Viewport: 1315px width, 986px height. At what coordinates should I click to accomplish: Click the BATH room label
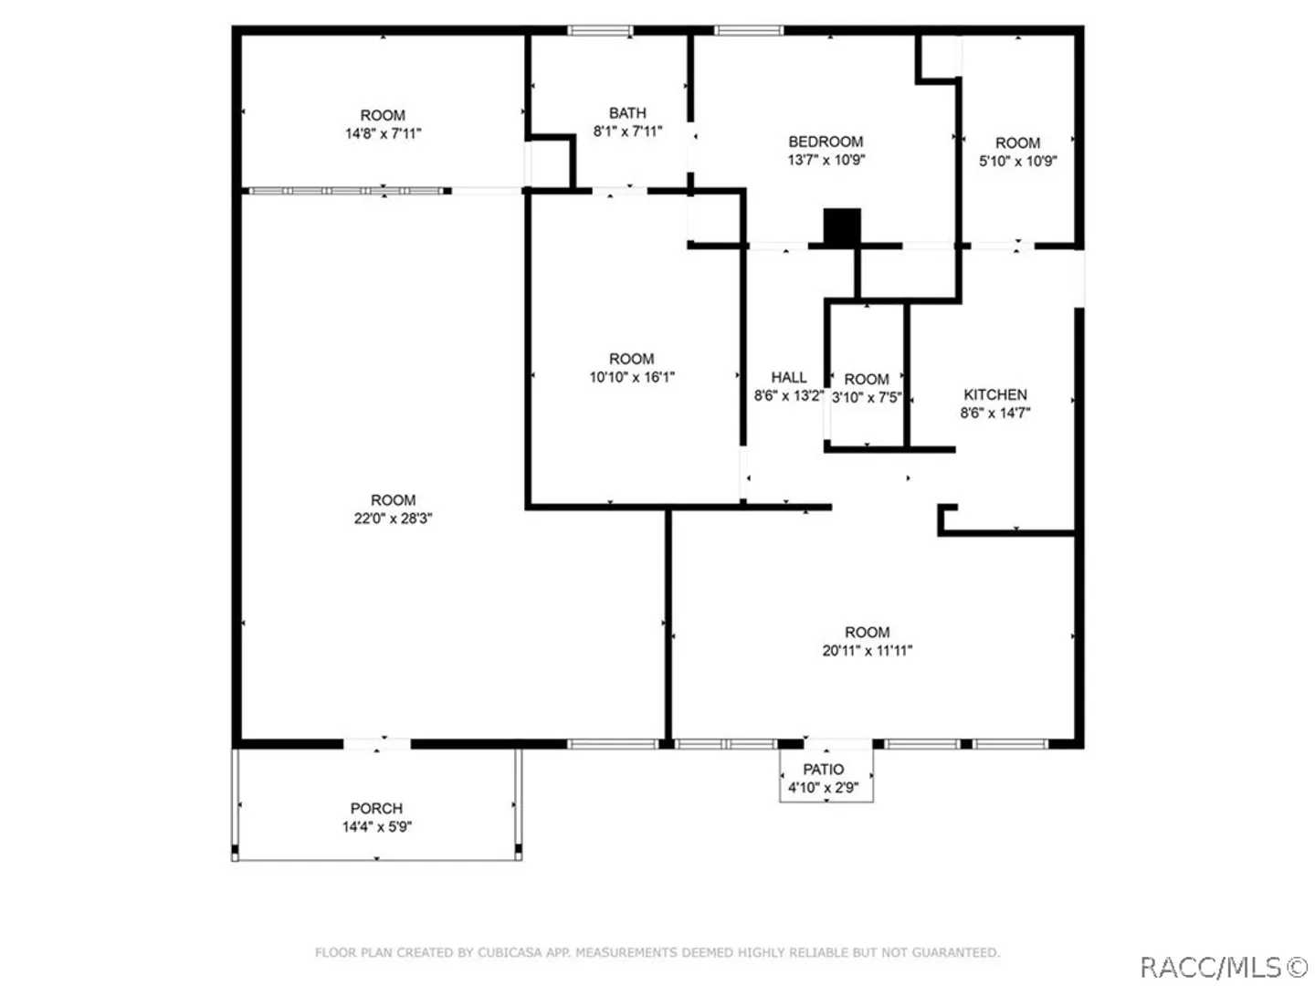point(627,112)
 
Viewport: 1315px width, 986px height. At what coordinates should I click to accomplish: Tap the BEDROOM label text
point(825,142)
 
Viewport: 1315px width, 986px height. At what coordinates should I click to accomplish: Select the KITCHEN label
point(994,393)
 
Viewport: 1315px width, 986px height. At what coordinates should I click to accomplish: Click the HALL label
point(788,376)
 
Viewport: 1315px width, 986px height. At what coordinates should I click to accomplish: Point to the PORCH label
point(376,808)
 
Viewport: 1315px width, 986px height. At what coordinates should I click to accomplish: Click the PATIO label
point(823,769)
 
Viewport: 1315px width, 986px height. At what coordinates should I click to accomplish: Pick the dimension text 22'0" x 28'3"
point(393,518)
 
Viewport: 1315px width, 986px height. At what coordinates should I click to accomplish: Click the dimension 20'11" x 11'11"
point(867,650)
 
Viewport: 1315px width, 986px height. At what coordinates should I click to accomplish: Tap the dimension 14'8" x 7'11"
point(383,133)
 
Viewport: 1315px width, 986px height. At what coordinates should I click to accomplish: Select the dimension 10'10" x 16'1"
point(631,376)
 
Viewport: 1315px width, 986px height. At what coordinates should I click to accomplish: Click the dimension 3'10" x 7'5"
point(867,397)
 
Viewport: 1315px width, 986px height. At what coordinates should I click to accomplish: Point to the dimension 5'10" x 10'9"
point(1017,161)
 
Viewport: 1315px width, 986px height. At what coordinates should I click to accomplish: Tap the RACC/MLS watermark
point(1223,967)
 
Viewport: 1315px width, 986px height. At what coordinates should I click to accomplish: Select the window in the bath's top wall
point(600,30)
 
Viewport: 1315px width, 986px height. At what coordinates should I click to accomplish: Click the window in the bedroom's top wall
point(748,30)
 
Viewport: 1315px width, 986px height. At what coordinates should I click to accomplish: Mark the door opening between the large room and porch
point(377,744)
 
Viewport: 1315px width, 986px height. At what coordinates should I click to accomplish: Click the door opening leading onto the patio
point(837,744)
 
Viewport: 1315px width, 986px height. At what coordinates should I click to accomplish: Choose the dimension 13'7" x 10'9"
point(826,159)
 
